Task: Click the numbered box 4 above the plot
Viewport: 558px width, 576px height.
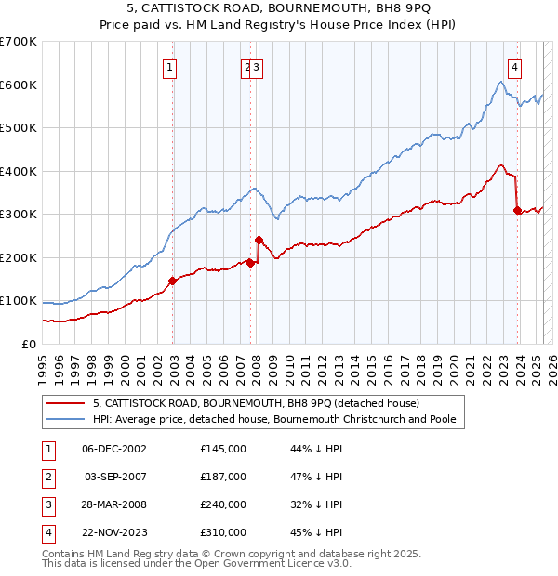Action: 514,66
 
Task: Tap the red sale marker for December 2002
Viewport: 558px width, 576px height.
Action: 172,281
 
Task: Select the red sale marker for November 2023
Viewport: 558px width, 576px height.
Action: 517,210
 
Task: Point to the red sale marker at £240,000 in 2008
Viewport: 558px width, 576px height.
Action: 259,241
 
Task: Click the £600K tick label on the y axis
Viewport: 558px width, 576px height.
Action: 19,85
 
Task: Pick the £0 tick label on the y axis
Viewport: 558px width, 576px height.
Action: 29,344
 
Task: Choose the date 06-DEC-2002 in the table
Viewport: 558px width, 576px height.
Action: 114,449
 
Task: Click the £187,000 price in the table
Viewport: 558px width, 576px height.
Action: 223,477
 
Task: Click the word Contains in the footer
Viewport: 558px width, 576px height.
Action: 65,554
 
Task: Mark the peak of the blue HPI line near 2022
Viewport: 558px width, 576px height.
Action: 500,82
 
